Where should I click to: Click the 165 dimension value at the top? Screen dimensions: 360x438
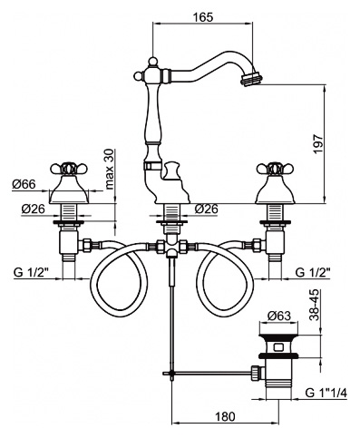coord(203,17)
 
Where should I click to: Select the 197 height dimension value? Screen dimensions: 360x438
coord(318,144)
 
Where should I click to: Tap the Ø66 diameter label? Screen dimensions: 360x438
coord(24,184)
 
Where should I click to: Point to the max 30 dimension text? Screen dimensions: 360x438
coord(110,170)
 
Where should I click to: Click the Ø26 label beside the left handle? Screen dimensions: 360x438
coord(34,209)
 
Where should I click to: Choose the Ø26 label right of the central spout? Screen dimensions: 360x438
coord(206,209)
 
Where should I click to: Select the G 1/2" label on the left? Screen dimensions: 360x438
coord(32,272)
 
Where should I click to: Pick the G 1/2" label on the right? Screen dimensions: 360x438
coord(313,272)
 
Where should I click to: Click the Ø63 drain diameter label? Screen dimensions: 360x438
coord(278,316)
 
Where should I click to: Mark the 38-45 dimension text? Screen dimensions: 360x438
coord(315,305)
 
